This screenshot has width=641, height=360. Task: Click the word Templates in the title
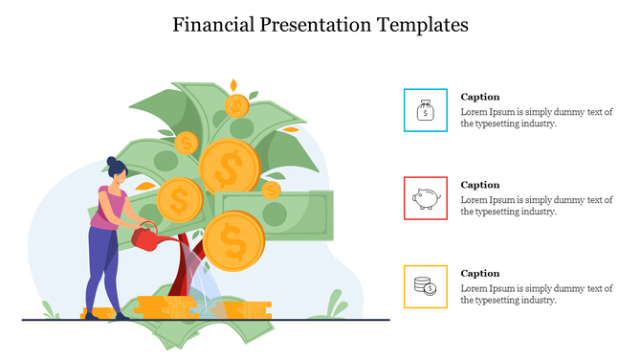click(422, 25)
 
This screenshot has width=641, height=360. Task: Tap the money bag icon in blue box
click(426, 111)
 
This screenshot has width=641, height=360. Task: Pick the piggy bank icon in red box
click(426, 198)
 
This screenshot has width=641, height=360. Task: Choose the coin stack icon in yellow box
click(426, 285)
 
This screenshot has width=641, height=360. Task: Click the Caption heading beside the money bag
click(480, 97)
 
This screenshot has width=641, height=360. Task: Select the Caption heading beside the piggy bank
click(480, 185)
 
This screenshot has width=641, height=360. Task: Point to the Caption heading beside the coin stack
click(480, 273)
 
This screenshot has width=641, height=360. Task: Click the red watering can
click(144, 238)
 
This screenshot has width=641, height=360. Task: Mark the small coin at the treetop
click(235, 104)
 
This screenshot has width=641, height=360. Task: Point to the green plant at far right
click(336, 305)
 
